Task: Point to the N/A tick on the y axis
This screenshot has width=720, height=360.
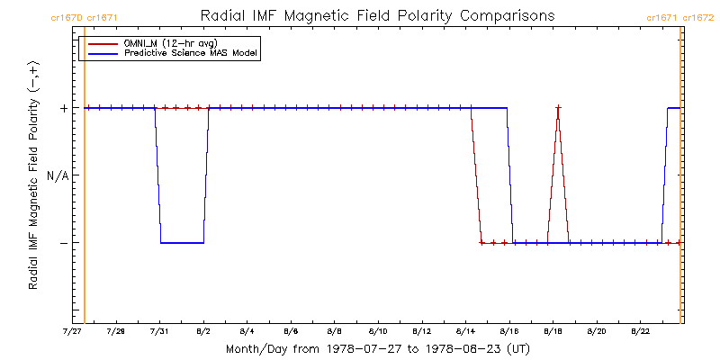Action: [57, 175]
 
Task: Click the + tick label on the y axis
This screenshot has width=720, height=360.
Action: [63, 108]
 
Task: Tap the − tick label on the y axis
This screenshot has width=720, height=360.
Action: [63, 243]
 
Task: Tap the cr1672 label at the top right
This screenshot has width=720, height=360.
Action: [699, 17]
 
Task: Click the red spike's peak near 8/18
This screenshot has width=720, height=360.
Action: [558, 108]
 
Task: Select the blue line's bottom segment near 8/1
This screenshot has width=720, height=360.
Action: [182, 243]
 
